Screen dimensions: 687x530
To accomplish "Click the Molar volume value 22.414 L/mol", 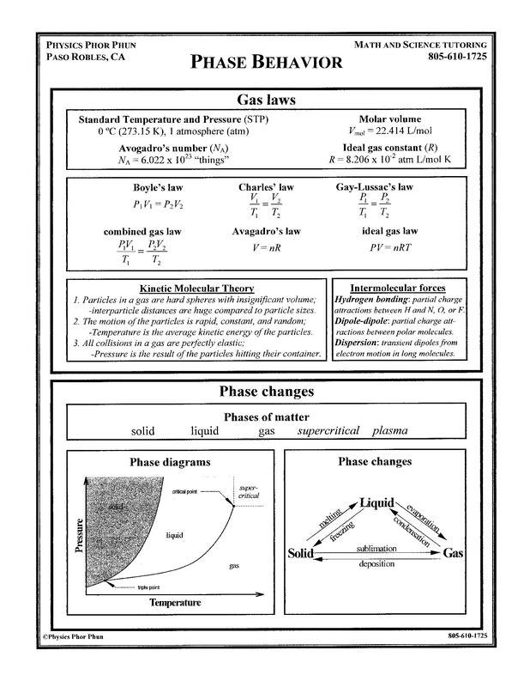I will (x=392, y=132).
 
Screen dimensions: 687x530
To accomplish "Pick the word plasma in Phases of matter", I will (x=389, y=431).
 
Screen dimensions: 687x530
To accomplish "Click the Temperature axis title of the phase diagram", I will (x=175, y=603).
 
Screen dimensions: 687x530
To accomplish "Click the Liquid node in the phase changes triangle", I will (x=376, y=502).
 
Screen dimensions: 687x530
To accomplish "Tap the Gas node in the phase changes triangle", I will (x=453, y=554).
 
